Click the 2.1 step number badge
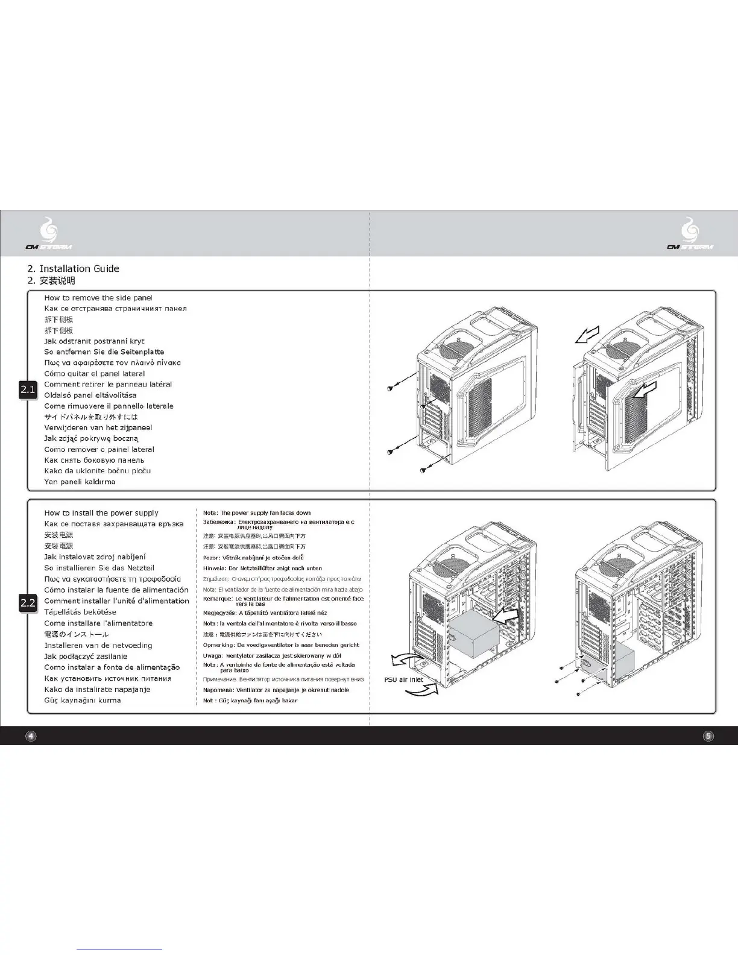[28, 390]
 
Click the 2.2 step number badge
[28, 602]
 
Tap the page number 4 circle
[31, 736]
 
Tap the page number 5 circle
[708, 736]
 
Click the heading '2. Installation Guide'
[74, 269]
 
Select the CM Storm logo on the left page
[49, 236]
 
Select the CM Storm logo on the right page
[690, 236]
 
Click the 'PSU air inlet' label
[404, 679]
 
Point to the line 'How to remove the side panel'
[98, 298]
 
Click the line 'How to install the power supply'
[101, 513]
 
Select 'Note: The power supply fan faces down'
[257, 513]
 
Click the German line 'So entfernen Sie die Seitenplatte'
[104, 352]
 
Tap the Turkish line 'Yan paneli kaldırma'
[80, 482]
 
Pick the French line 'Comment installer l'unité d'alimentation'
[116, 601]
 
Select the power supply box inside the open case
[474, 634]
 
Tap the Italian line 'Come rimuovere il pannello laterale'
[109, 406]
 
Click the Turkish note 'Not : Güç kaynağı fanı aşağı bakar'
[250, 701]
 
